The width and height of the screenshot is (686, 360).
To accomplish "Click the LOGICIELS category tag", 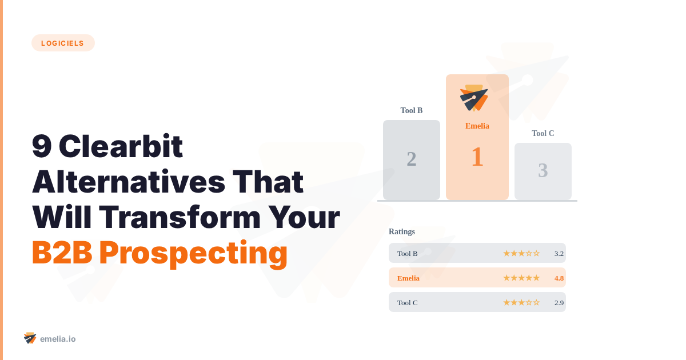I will pos(63,43).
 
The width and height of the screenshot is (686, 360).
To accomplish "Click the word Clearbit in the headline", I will pos(121,147).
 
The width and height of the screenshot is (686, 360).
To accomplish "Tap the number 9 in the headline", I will pos(41,147).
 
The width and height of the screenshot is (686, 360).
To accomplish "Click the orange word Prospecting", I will pos(193,253).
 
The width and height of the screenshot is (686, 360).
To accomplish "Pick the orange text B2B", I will pos(62,253).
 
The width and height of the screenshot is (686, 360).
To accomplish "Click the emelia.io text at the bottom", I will pos(58,339).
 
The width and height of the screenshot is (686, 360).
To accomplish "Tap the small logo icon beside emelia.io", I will pos(30,338).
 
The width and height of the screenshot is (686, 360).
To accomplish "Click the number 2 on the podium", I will pos(412,159).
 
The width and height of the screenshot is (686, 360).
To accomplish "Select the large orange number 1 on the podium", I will pos(477,157).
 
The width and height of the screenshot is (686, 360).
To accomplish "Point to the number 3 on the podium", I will pos(543,170).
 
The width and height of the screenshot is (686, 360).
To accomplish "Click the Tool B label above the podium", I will pos(412,110).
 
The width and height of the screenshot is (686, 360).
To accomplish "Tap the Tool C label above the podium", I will pos(543,133).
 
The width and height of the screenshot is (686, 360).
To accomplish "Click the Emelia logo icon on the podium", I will pos(474,98).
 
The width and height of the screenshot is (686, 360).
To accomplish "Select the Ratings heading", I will pos(402,231).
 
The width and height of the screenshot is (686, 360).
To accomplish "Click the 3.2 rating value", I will pos(559,253).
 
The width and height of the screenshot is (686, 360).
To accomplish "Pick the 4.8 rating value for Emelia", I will pos(559,278).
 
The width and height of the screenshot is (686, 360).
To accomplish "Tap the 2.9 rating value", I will pos(559,302).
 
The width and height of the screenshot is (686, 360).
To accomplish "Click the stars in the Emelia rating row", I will pos(521,278).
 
